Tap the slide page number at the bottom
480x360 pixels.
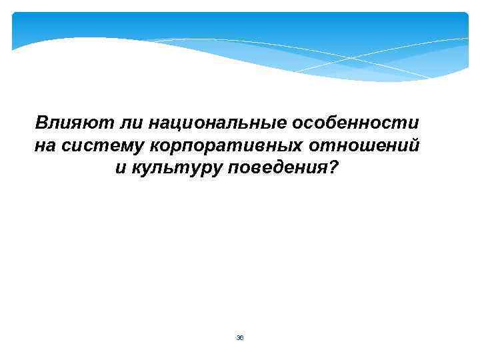[x=240, y=338]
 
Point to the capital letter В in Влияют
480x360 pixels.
[x=41, y=123]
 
